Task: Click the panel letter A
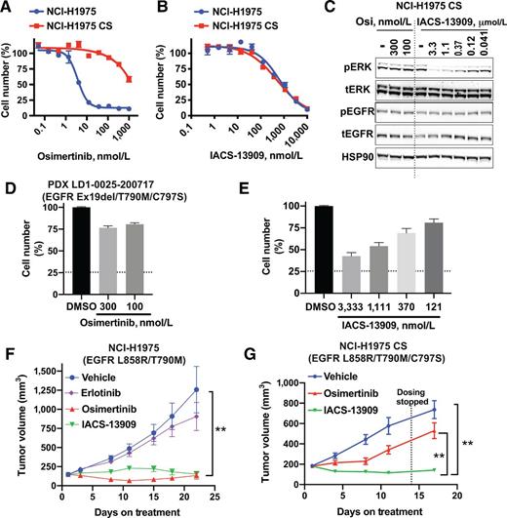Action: (x=8, y=9)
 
